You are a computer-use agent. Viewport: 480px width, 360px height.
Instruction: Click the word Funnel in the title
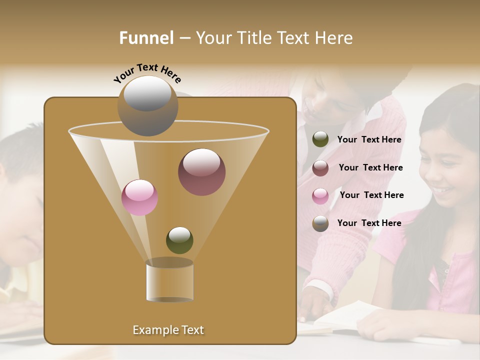146,38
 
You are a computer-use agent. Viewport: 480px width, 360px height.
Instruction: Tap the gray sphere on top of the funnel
147,105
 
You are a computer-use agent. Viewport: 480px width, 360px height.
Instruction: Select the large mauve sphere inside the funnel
201,171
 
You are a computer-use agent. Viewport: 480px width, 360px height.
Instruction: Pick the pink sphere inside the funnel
139,197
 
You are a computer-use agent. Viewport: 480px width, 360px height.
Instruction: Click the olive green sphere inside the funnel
179,240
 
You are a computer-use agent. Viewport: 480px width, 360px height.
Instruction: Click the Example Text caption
168,330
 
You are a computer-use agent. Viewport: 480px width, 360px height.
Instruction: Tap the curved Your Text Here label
147,73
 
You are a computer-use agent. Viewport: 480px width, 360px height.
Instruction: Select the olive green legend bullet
320,139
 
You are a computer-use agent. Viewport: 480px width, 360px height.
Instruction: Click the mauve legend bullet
320,168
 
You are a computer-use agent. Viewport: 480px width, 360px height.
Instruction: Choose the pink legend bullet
320,196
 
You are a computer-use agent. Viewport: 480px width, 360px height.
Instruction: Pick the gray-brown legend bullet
320,223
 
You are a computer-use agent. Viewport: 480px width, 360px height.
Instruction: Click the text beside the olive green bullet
369,140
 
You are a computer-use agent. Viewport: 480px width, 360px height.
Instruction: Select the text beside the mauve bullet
370,168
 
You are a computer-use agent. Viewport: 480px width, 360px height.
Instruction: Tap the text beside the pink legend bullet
371,195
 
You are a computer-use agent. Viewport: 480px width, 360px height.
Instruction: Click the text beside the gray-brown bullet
369,223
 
